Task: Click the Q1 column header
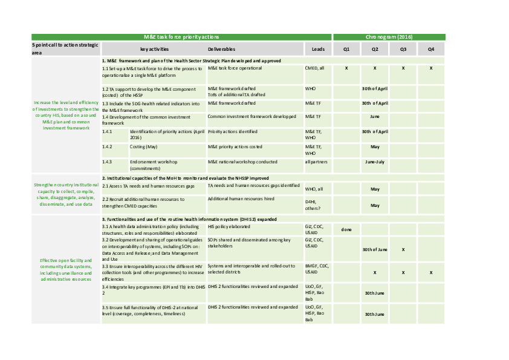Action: point(346,49)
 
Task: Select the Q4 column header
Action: point(431,49)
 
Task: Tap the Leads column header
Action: point(318,49)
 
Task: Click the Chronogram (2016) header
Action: point(389,38)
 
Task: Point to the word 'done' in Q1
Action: point(346,229)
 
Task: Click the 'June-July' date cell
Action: point(375,162)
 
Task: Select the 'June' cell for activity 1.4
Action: point(375,116)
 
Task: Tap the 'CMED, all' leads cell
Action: point(314,68)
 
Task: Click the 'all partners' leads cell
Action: point(316,162)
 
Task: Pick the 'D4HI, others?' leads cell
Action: point(313,205)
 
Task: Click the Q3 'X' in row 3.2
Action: point(403,249)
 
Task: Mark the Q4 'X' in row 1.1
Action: point(431,68)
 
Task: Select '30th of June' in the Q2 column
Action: point(375,249)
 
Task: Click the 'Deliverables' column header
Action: point(221,49)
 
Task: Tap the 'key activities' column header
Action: point(154,49)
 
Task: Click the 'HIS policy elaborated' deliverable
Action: point(229,226)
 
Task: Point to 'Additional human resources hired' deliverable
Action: point(241,198)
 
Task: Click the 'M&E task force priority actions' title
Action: point(181,38)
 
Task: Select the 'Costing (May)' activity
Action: point(143,146)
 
